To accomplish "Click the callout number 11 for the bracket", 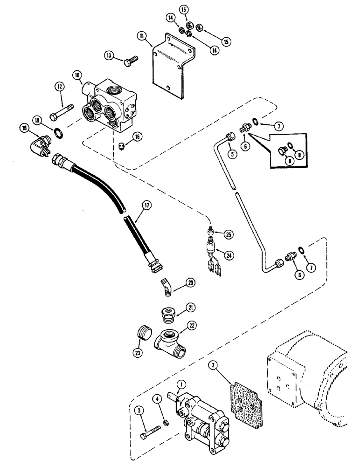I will click(140, 35).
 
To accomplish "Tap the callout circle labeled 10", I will click(77, 75).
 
